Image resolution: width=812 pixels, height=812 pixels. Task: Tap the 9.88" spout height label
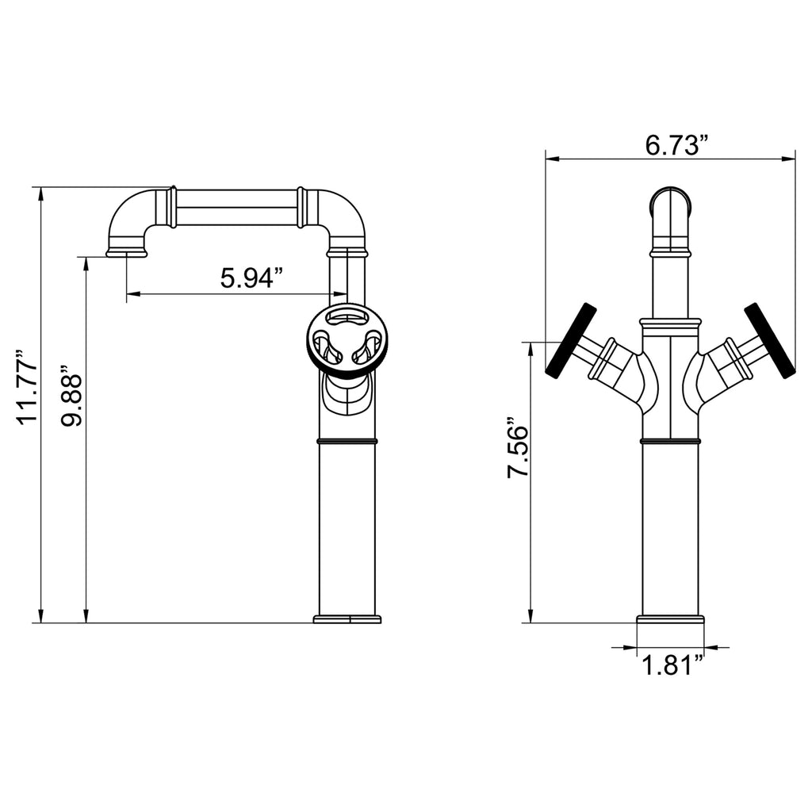point(71,397)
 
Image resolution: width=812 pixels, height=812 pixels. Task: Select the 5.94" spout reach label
point(252,278)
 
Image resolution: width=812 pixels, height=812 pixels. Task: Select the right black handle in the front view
point(769,340)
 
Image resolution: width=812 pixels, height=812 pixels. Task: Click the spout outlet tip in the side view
point(127,253)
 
